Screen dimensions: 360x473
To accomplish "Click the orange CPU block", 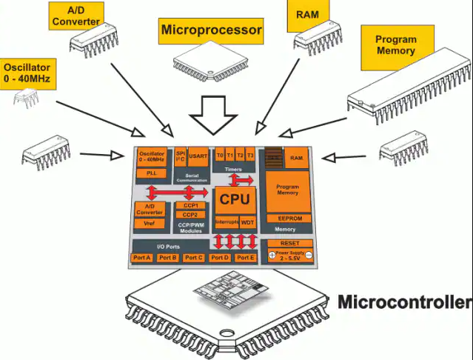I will coord(234,200).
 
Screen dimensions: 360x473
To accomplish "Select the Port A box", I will coord(142,257).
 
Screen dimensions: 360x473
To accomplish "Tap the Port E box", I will coord(245,257).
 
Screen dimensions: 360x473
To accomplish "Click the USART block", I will coord(198,156).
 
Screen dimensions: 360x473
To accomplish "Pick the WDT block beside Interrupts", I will coord(247,221).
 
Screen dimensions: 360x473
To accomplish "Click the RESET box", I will coord(289,243).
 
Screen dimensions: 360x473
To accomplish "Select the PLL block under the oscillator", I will coord(151,172).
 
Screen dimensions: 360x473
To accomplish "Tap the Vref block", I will coord(150,222).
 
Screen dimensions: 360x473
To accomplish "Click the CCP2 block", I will coord(190,215).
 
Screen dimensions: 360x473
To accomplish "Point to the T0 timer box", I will coord(220,156).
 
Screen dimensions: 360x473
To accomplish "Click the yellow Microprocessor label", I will coord(211,30).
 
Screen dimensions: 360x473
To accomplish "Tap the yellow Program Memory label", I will coord(396,45).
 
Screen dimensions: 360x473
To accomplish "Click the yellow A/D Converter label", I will coord(76,15).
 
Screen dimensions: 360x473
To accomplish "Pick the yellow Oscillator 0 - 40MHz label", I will coord(29,70).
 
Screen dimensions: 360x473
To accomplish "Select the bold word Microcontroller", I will coord(404,302).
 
